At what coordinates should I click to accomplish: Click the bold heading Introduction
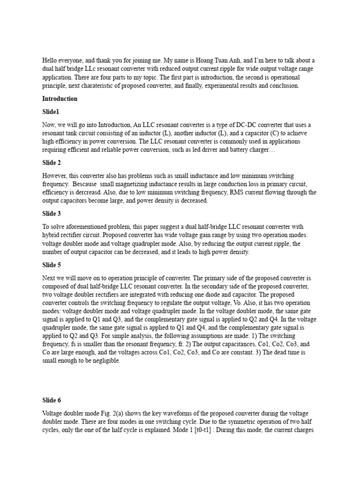pyautogui.click(x=60, y=99)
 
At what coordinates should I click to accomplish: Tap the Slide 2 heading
pyautogui.click(x=53, y=163)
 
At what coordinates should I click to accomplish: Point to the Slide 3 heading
pyautogui.click(x=53, y=213)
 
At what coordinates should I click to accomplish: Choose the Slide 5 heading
pyautogui.click(x=53, y=264)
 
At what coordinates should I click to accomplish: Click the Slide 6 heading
pyautogui.click(x=53, y=400)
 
